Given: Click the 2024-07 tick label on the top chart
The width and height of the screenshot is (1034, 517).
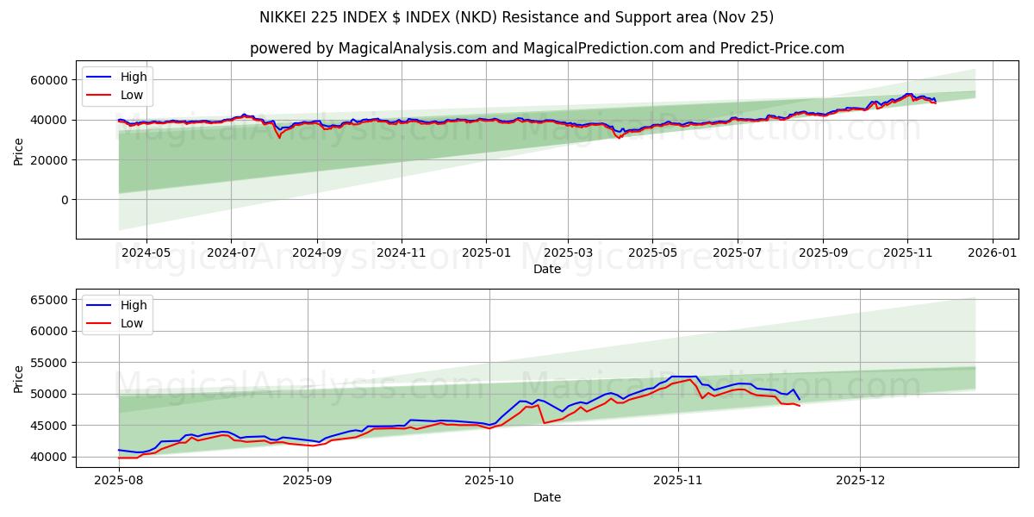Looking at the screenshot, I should [x=230, y=252].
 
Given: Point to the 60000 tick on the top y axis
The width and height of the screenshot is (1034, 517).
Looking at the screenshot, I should [x=51, y=80].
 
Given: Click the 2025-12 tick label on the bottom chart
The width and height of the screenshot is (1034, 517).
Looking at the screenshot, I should [x=861, y=481].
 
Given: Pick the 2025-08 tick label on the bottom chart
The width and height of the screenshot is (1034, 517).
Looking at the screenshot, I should [x=119, y=481].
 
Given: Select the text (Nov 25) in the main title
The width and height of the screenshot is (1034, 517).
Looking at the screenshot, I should [x=744, y=17].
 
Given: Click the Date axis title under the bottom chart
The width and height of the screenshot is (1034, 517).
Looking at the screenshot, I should [x=546, y=497].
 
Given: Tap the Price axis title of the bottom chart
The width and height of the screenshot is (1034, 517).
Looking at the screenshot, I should [x=19, y=378].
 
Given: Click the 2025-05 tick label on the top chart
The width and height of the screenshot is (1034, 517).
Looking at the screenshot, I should [x=652, y=252].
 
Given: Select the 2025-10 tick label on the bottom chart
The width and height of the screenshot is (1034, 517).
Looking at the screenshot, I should [x=489, y=481].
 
